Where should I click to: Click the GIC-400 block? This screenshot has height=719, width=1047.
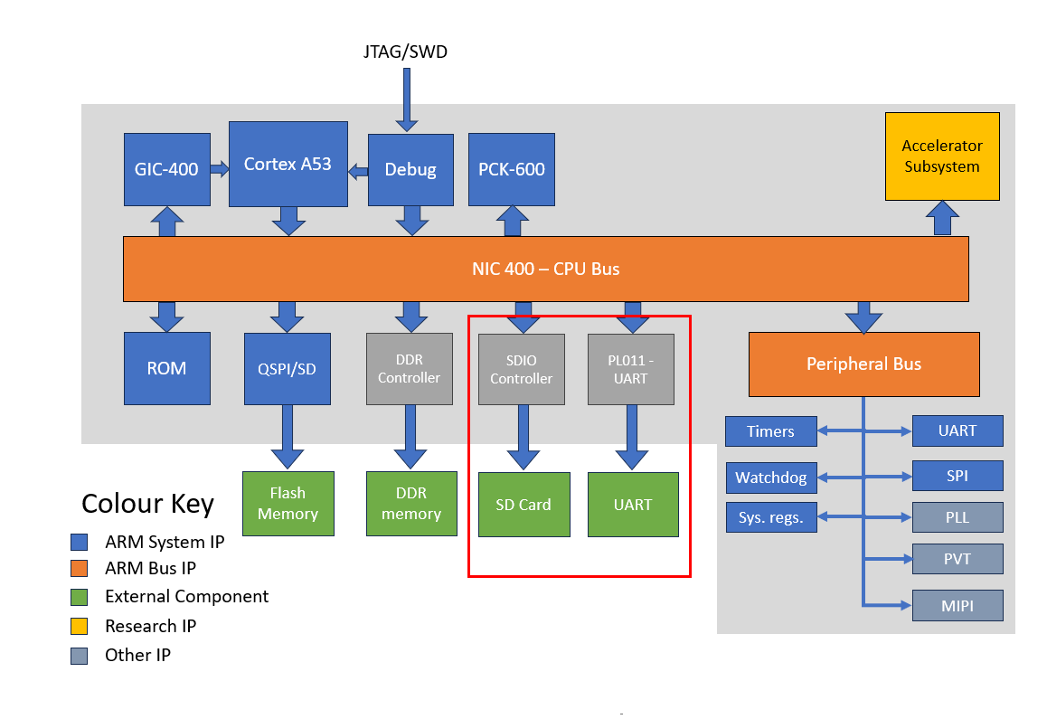click(x=167, y=169)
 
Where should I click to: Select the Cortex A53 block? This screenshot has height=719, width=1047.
click(x=288, y=165)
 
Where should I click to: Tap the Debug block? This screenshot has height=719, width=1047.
click(x=410, y=169)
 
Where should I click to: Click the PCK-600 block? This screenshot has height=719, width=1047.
click(x=511, y=169)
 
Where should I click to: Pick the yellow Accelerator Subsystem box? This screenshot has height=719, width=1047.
click(x=942, y=156)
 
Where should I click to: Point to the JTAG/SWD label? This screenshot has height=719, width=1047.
click(x=405, y=52)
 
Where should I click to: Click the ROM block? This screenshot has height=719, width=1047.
click(x=167, y=368)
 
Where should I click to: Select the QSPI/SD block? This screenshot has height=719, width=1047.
click(x=287, y=368)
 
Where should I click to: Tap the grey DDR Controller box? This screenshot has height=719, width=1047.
click(x=409, y=368)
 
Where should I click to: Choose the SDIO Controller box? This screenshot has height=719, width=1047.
click(x=521, y=369)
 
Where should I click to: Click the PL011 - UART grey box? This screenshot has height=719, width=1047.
click(x=630, y=369)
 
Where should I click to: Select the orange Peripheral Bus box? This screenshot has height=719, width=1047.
click(x=863, y=364)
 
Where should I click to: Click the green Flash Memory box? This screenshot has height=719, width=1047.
click(x=288, y=504)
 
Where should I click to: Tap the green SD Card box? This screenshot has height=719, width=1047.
click(x=523, y=505)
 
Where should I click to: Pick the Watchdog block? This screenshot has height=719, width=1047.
click(x=771, y=478)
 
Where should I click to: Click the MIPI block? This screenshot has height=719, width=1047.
click(x=957, y=605)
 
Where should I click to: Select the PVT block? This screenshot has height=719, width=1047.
click(x=957, y=559)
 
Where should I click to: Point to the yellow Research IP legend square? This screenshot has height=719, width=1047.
click(x=80, y=626)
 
